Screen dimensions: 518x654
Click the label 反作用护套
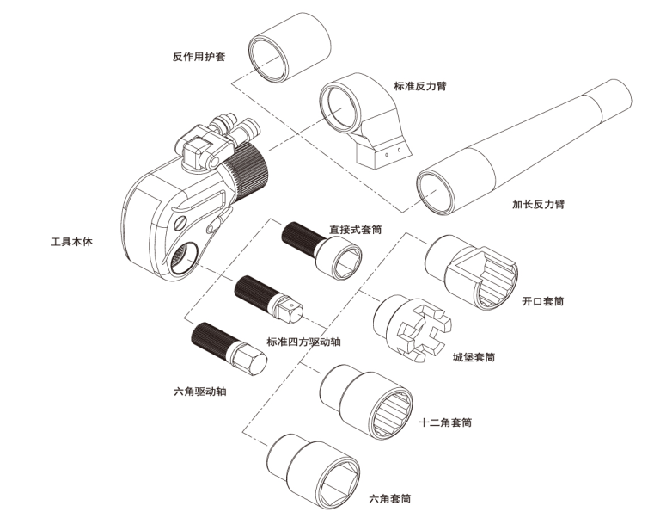[x=199, y=58]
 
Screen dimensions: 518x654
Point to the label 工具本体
[x=71, y=242]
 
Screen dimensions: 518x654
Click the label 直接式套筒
[x=355, y=230]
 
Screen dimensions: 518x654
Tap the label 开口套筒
[x=542, y=302]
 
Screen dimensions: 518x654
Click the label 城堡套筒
[x=473, y=356]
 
